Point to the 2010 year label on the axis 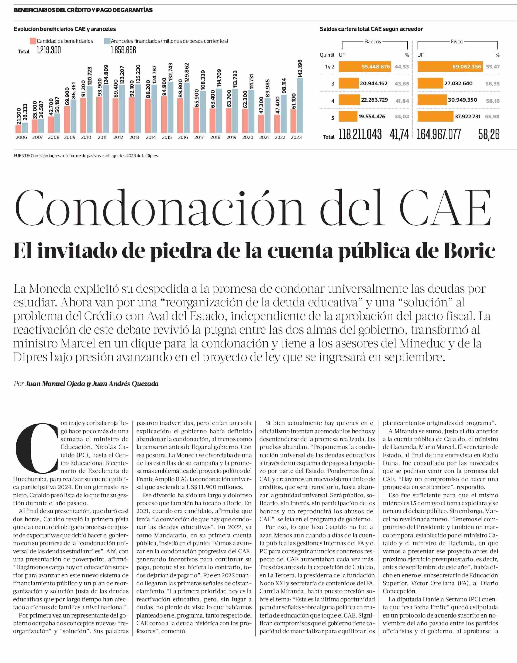(86, 137)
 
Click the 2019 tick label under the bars (231, 137)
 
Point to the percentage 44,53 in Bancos (402, 67)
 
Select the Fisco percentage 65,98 (492, 117)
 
